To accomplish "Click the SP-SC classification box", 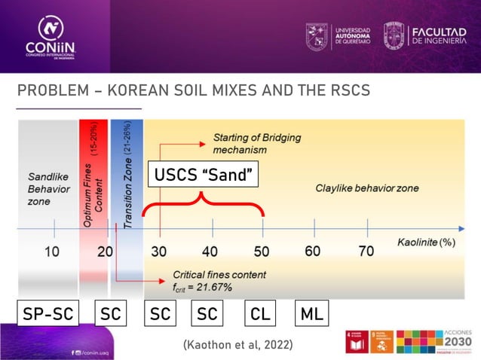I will coord(48,313).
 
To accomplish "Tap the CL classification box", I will coord(261,313).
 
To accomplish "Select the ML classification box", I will coord(311,313).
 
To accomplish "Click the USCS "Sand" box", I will coord(203,176).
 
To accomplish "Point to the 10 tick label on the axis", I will coord(51,251).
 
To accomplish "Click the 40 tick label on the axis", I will coord(210,251).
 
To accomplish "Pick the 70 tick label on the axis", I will coord(366,251).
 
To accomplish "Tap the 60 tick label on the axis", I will coord(312,251).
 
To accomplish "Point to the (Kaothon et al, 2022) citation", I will coord(237,344).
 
